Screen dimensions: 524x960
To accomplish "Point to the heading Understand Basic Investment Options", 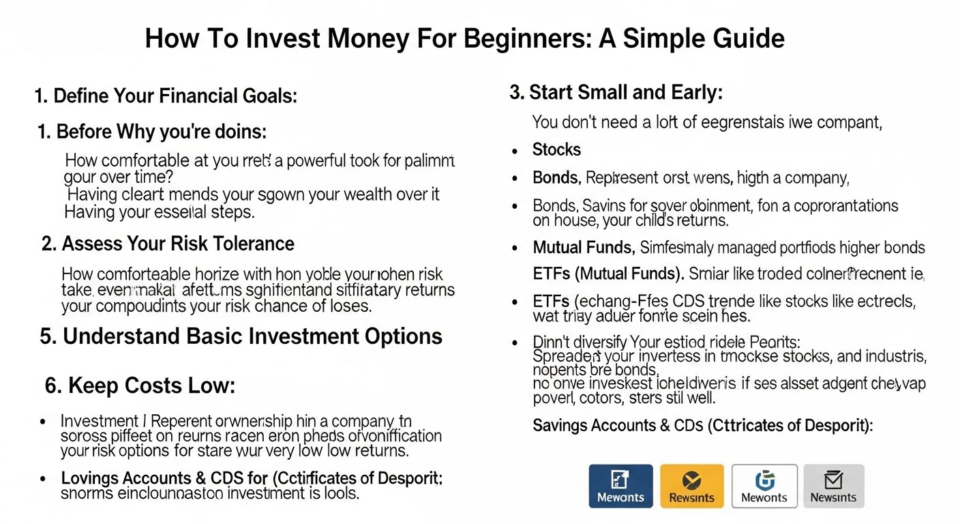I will pos(241,336).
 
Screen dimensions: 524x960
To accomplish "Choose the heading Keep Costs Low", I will pos(140,386).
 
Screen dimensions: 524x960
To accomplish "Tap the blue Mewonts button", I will pos(620,486).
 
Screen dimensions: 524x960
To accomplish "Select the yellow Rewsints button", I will pos(691,486).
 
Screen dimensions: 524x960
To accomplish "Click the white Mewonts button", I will pos(764,486).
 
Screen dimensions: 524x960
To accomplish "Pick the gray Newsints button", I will pos(833,486).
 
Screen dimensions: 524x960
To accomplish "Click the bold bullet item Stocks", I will pos(556,150).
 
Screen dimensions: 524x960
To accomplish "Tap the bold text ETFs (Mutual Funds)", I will pos(608,274).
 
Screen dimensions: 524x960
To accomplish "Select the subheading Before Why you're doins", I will pos(151,131).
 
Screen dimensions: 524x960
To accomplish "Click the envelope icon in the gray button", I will pos(833,479).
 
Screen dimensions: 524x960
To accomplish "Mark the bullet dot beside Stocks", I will pos(515,151).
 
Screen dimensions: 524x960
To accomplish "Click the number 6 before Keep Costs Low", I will pos(50,386).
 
